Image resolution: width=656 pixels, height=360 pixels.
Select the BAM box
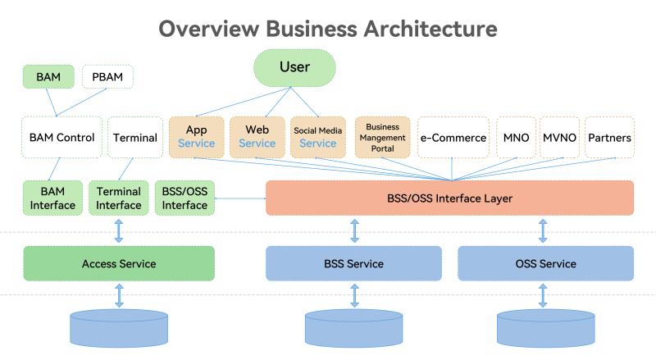coord(48,78)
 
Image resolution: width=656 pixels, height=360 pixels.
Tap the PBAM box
coord(107,78)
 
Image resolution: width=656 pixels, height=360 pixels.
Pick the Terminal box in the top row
coord(134,138)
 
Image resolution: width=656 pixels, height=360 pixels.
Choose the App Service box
coord(196,137)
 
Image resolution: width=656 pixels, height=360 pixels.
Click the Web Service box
coord(257,137)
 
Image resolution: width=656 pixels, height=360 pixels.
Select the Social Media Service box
coord(317,137)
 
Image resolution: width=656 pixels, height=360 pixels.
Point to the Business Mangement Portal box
coord(381,137)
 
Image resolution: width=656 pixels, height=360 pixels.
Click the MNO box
coord(516,138)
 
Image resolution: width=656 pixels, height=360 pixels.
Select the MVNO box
coord(559,138)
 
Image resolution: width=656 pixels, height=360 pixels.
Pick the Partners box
coord(609,138)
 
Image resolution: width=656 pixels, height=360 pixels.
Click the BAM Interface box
coord(52,198)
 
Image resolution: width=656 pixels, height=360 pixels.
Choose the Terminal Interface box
coord(119,198)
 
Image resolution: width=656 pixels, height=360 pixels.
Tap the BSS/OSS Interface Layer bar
coord(450,198)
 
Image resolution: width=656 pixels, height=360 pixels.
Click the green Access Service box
coord(119,263)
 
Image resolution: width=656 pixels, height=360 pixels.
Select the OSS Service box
coord(546,263)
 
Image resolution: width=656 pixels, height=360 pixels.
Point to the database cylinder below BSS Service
coord(354,328)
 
